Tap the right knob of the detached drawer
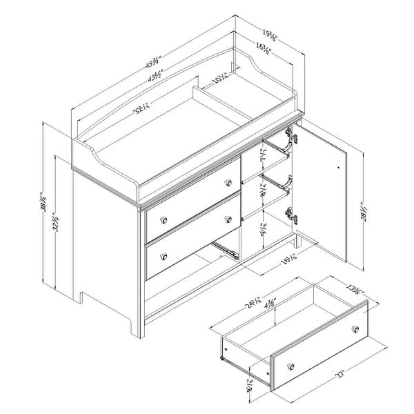(x=356, y=328)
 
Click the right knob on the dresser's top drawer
(x=228, y=184)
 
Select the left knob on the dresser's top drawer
(x=164, y=219)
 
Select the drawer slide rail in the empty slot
(x=226, y=246)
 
